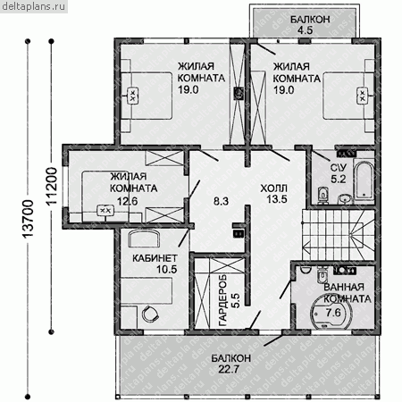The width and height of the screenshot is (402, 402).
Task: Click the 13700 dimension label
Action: tap(28, 219)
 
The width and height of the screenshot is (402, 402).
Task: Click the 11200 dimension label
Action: tap(51, 186)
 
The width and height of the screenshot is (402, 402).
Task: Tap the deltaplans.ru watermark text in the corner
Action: tap(33, 6)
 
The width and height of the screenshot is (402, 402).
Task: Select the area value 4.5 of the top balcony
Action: tap(306, 30)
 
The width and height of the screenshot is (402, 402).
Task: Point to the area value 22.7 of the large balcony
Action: tap(229, 370)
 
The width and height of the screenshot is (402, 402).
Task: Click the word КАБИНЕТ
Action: tap(155, 258)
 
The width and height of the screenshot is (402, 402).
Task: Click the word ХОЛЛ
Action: tap(274, 188)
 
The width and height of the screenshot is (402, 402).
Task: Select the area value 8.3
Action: tap(221, 201)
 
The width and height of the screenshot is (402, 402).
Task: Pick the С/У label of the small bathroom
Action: tap(339, 168)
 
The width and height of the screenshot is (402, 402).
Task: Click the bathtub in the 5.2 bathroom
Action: tap(364, 180)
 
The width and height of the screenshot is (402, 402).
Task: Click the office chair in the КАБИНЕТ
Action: tap(149, 314)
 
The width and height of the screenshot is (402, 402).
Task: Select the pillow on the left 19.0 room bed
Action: tap(133, 96)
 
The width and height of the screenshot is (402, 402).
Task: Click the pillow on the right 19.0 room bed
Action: tap(362, 96)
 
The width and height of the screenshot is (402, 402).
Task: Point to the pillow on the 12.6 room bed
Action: tap(105, 211)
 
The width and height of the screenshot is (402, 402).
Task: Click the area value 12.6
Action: tap(127, 202)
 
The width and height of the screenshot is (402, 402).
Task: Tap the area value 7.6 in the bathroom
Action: tap(333, 313)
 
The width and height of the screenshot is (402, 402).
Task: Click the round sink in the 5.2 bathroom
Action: tap(345, 199)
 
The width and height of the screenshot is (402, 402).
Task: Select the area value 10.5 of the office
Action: tap(167, 270)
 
